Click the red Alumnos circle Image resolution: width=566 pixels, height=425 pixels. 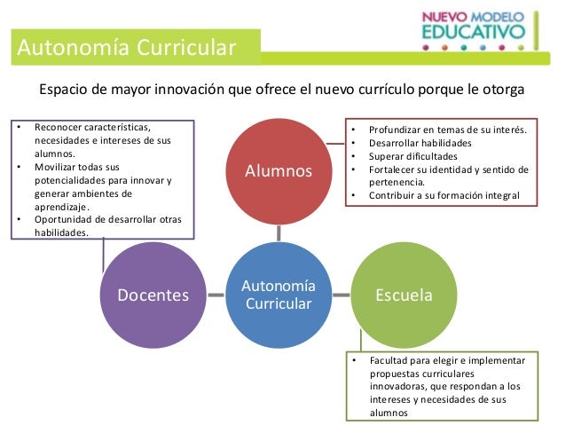[279, 169]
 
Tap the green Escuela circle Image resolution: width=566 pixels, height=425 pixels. [404, 295]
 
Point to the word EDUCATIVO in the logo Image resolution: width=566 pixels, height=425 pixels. [473, 33]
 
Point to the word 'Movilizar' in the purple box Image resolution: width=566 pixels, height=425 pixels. [57, 166]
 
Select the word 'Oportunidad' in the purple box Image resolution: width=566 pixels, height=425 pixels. [64, 219]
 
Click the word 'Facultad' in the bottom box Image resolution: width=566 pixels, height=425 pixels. [387, 361]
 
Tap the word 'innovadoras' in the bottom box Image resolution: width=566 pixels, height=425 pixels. [399, 387]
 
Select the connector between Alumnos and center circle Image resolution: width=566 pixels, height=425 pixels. [279, 232]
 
